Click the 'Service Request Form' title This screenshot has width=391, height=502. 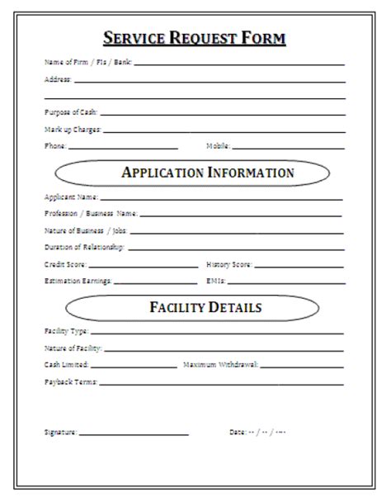coord(195,38)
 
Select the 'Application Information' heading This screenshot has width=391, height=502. coord(207,173)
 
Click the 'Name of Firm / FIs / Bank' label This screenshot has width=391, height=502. coord(87,62)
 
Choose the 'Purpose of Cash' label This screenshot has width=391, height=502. coord(70,111)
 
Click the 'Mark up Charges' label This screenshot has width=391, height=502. coord(73,129)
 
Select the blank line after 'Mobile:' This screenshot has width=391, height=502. coord(288,148)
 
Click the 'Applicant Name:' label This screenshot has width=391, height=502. coord(70,197)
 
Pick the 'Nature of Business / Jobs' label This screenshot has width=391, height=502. coord(86,230)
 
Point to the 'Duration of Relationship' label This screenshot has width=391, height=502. coord(83,247)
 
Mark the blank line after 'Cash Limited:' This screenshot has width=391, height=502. coord(133,366)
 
